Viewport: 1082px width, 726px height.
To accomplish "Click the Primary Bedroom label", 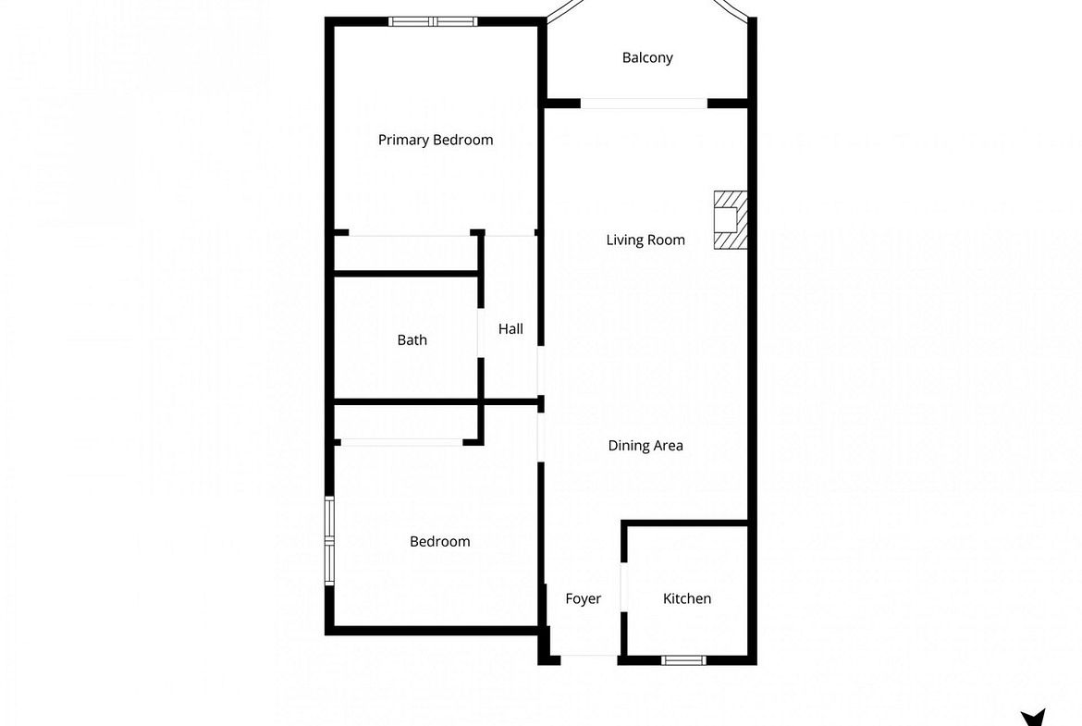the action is click(x=436, y=140).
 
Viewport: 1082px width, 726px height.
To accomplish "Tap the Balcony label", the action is click(x=647, y=58).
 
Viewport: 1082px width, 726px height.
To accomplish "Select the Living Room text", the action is click(x=646, y=240).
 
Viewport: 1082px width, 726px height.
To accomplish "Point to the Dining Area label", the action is click(x=646, y=446).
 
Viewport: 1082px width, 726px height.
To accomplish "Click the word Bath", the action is click(x=412, y=340).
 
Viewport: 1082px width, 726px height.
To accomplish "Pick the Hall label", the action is click(x=510, y=329).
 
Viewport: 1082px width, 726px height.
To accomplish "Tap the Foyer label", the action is click(x=584, y=599).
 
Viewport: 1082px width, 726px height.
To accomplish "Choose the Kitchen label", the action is click(x=686, y=599).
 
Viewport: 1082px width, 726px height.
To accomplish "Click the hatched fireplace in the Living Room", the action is click(x=730, y=220).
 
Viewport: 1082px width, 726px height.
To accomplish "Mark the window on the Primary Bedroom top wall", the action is click(x=433, y=21).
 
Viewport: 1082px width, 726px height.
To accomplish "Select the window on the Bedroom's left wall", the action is click(x=330, y=541).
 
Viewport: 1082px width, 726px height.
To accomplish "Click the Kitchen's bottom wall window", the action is click(x=683, y=660).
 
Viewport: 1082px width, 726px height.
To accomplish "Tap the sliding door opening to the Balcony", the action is click(x=644, y=104).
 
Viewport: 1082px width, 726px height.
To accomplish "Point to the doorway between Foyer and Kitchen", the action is click(x=624, y=587).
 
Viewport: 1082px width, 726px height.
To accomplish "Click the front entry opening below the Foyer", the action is click(x=588, y=657).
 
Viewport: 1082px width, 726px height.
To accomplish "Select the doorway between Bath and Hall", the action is click(x=481, y=332).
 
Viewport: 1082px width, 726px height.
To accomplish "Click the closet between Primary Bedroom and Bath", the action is click(x=406, y=254).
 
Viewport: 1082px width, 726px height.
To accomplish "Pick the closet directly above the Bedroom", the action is click(x=406, y=422).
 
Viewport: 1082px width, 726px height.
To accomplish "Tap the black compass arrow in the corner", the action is click(x=1033, y=718).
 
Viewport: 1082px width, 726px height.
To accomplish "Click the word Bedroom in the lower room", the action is click(x=439, y=542).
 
